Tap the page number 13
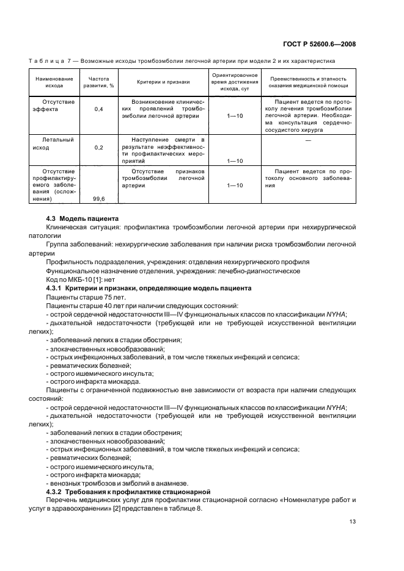tap(352, 521)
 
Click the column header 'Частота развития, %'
tap(98, 82)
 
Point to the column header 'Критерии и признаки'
tap(163, 82)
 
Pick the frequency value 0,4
tap(98, 109)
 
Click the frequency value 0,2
tap(98, 148)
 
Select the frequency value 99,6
tap(98, 198)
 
